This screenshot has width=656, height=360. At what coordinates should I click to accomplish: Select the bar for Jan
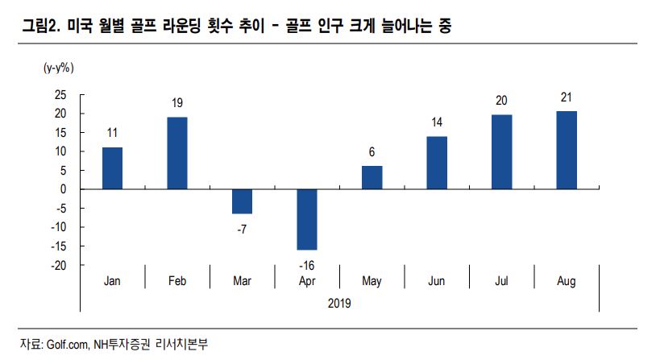tap(113, 168)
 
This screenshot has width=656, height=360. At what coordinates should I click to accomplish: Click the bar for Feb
tap(177, 153)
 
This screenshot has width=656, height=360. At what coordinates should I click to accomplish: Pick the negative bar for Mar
tap(243, 201)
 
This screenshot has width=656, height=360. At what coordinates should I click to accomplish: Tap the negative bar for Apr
tap(307, 219)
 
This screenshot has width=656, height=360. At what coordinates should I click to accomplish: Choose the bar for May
tap(372, 177)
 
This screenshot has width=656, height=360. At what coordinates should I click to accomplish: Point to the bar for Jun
tap(437, 163)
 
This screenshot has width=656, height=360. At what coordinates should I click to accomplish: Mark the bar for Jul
tap(501, 151)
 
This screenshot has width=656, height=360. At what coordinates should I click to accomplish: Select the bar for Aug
tap(566, 150)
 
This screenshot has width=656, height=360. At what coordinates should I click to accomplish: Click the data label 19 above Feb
tap(177, 103)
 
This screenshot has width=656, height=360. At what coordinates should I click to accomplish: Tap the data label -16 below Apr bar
tap(307, 265)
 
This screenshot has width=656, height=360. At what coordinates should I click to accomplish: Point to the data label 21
tap(566, 97)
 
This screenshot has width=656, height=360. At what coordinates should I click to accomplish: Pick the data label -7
tap(243, 229)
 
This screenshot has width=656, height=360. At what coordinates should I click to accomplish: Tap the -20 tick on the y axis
tap(57, 265)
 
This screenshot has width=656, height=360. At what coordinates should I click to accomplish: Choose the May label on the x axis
tap(372, 281)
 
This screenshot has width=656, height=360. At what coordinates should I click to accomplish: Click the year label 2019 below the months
tap(339, 303)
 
